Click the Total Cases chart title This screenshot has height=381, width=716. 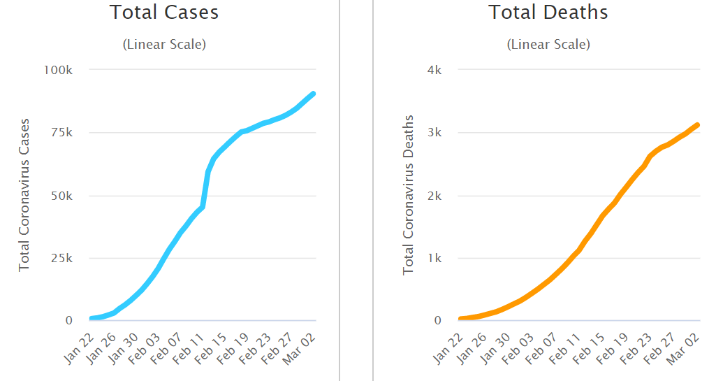(164, 13)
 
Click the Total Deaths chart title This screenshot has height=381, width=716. (548, 13)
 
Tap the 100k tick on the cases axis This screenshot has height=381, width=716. (59, 70)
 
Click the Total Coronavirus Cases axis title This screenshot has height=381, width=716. (24, 194)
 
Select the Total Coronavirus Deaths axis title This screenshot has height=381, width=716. (409, 194)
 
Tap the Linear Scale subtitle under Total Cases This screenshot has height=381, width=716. (164, 44)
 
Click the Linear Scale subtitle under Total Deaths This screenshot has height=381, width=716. (548, 44)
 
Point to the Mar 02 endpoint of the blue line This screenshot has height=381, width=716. (314, 94)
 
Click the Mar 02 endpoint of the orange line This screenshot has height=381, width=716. (697, 125)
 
